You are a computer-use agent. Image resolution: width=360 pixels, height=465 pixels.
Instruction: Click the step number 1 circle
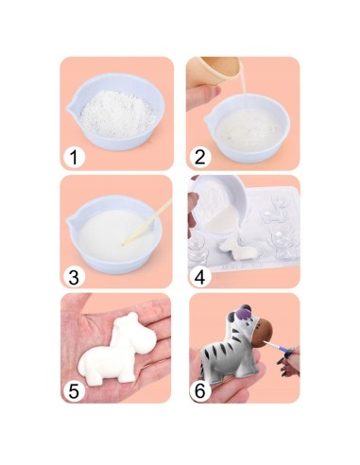point(75,157)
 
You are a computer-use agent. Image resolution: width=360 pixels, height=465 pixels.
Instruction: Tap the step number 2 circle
point(200,157)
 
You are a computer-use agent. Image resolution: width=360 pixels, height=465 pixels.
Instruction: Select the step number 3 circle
point(75,276)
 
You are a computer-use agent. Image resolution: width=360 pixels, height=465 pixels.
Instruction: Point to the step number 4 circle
point(200,276)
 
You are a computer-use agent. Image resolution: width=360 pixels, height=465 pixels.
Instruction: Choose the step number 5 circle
point(75,391)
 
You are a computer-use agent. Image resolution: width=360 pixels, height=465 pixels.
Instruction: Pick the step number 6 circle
point(200,391)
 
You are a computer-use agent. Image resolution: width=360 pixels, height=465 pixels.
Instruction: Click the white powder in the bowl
point(118,113)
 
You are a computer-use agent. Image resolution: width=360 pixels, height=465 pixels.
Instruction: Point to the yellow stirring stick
point(147,222)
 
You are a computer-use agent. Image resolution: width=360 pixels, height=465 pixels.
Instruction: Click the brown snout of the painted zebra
point(262,334)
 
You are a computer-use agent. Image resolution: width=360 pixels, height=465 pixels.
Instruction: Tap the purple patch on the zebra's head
point(243,314)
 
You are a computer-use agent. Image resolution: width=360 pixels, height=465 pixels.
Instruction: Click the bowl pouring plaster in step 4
point(218,201)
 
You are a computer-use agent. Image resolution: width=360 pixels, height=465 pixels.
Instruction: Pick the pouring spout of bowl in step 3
point(71,223)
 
